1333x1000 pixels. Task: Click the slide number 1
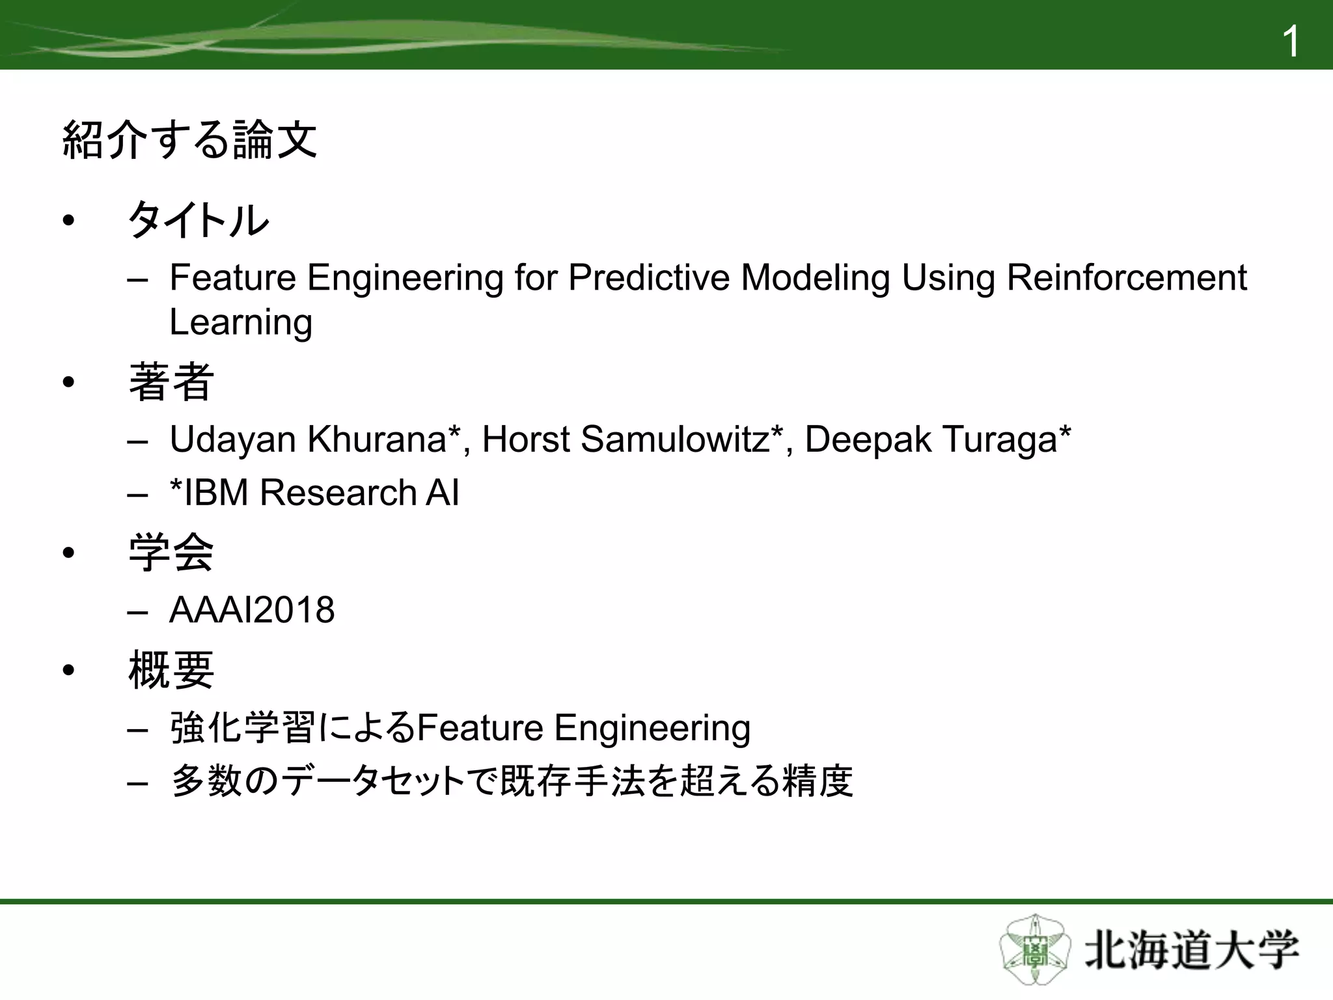[1290, 42]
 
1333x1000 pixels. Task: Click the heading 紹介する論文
[189, 140]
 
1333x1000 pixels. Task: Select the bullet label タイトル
[199, 220]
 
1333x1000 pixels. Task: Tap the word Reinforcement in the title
[1126, 278]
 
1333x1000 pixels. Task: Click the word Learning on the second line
[241, 322]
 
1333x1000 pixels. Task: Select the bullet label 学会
[171, 553]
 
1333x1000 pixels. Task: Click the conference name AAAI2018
[252, 611]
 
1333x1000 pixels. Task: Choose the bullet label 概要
[171, 671]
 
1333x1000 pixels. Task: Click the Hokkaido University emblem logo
[1034, 950]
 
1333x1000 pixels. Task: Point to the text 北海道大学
[1191, 951]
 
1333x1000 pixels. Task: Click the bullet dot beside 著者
[69, 383]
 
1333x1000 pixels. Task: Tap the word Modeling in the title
[815, 278]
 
